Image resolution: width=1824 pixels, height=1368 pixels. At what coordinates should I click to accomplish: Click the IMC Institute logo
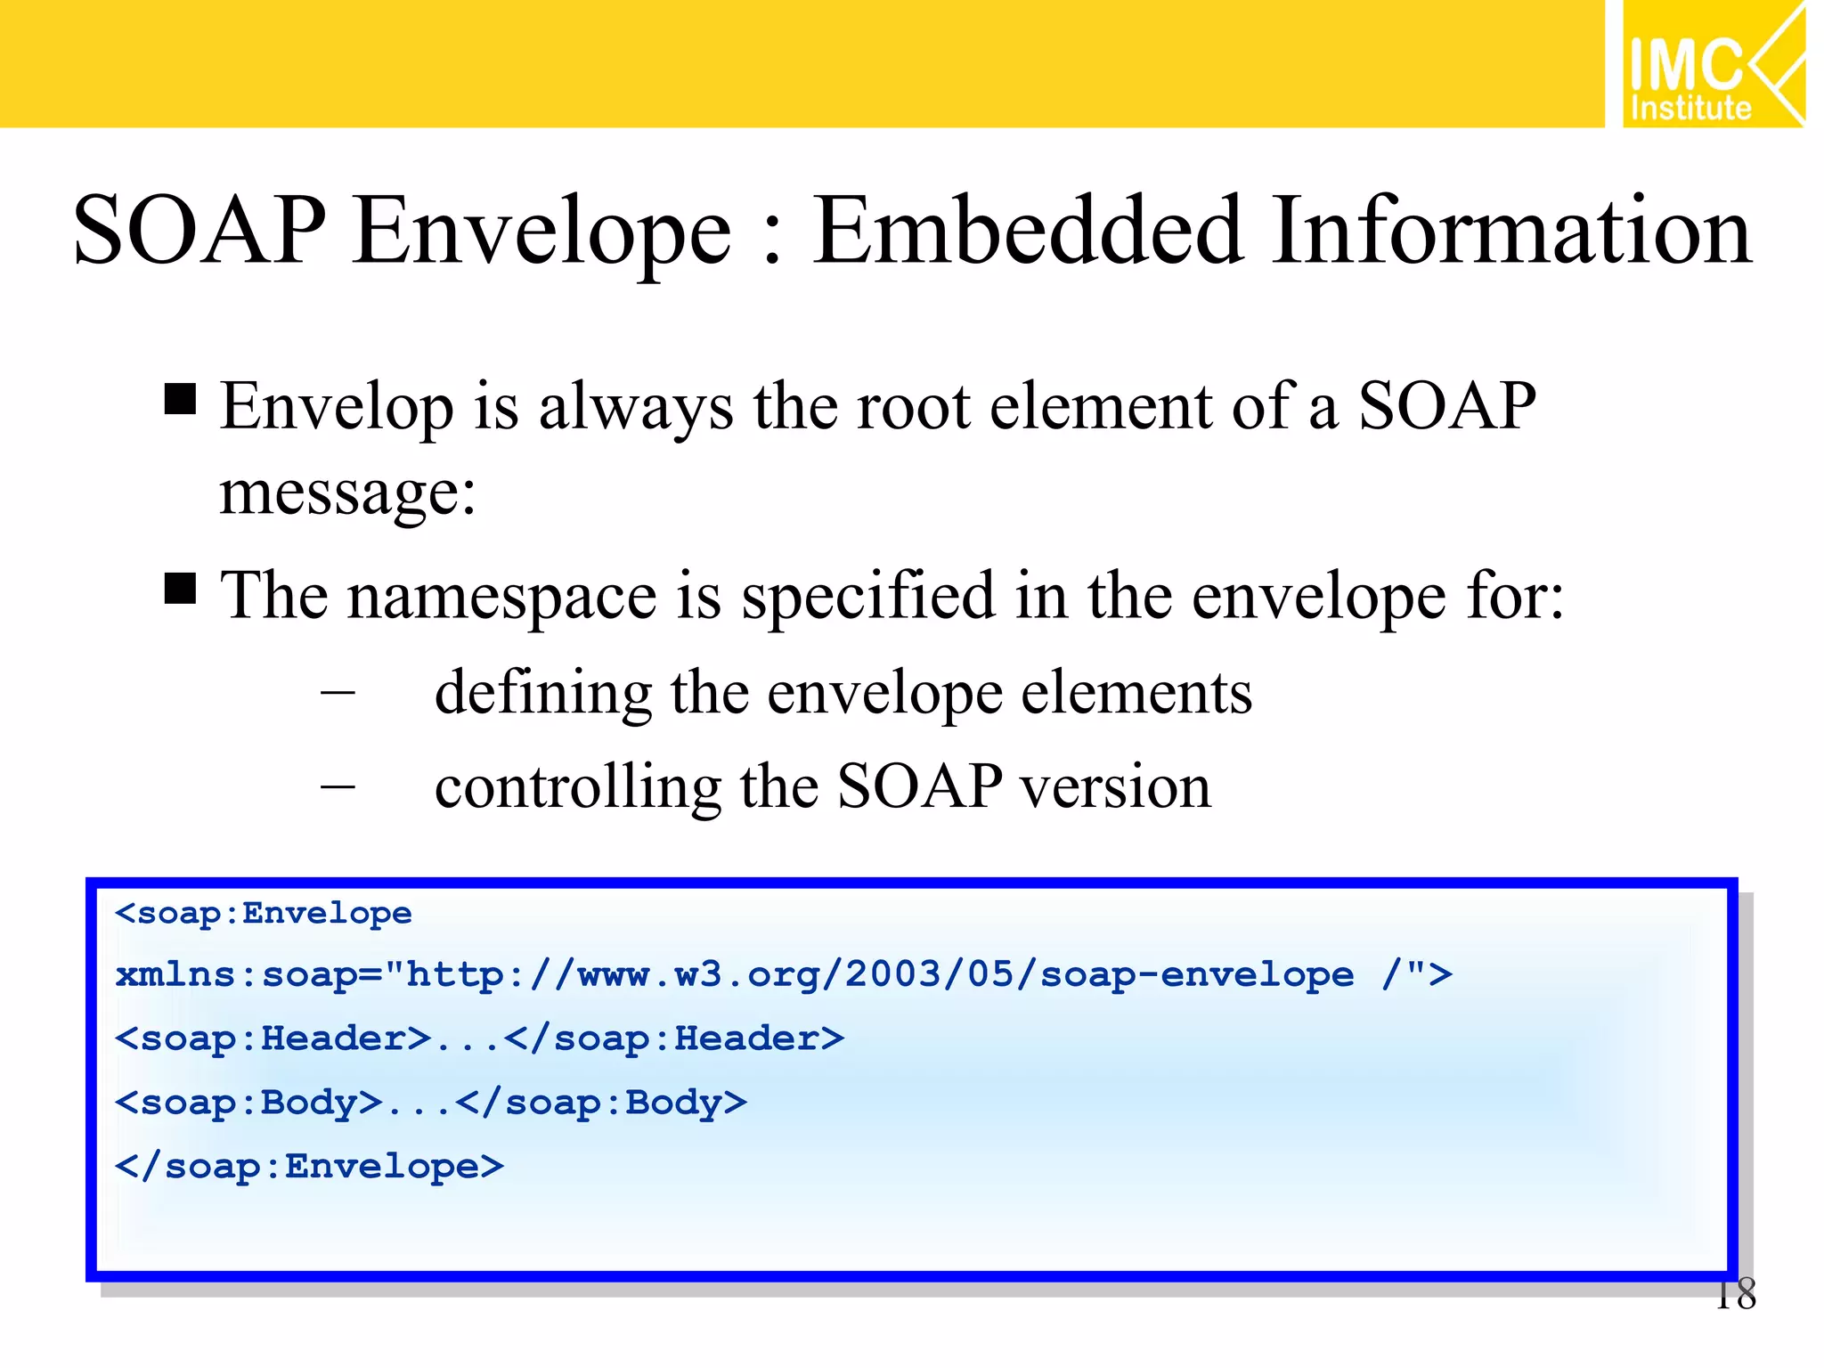click(x=1712, y=64)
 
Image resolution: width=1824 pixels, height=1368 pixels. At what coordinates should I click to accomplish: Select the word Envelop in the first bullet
click(x=336, y=408)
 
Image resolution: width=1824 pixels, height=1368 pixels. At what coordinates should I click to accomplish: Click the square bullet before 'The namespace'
click(x=180, y=589)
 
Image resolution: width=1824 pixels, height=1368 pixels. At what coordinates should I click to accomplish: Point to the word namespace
click(x=501, y=597)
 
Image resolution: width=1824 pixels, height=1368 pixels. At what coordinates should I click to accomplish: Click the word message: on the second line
click(x=347, y=493)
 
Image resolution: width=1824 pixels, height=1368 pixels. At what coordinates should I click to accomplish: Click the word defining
click(x=543, y=693)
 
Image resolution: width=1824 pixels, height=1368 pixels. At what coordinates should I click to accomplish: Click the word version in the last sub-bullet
click(x=1115, y=787)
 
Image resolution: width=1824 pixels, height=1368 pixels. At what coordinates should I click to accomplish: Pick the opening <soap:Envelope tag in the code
click(x=264, y=914)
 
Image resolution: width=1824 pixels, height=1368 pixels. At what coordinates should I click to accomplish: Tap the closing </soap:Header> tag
click(x=674, y=1039)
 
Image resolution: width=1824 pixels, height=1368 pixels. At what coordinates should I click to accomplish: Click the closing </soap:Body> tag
click(x=601, y=1103)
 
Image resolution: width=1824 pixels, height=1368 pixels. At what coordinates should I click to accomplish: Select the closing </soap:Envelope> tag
click(x=310, y=1167)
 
